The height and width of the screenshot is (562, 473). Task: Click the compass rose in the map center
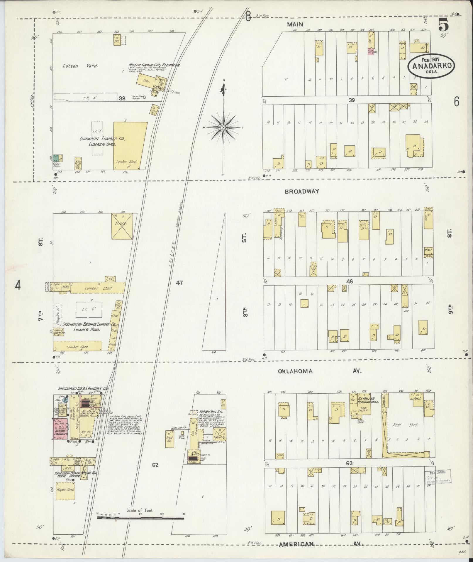pos(223,127)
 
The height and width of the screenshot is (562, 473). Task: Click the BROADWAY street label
pos(302,192)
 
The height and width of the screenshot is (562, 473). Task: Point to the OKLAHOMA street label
pos(295,371)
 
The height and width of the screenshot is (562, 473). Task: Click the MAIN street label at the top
pos(295,25)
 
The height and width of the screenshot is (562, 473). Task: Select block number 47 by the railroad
pos(179,283)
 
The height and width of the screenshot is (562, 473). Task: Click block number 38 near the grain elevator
pos(122,99)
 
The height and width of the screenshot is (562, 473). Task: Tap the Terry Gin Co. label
pos(210,412)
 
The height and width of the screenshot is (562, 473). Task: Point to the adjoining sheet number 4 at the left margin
pos(18,285)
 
